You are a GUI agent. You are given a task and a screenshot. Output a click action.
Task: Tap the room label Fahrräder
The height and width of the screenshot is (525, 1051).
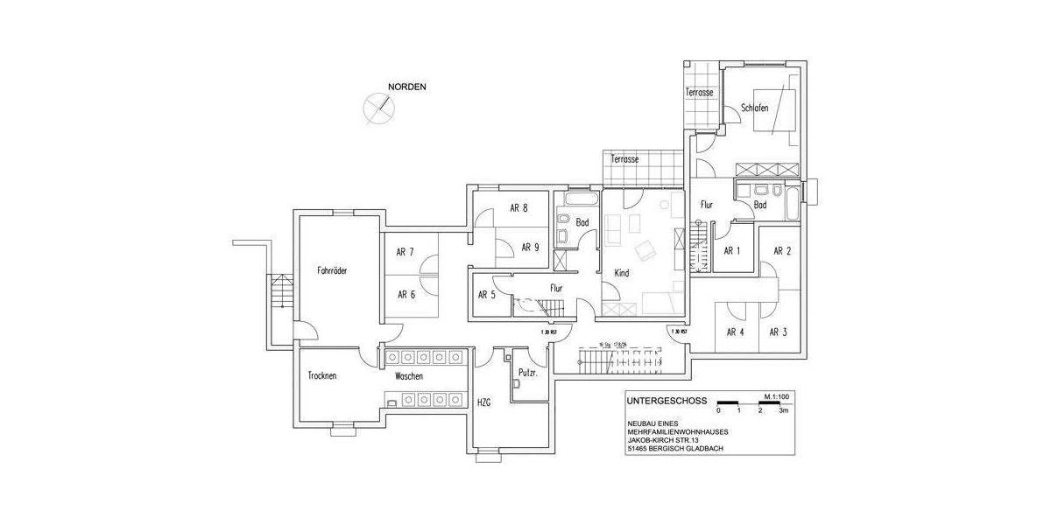333,271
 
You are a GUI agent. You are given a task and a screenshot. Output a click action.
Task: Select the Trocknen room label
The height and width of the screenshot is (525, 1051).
322,375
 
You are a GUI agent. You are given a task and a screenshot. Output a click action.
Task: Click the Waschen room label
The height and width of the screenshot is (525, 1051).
409,375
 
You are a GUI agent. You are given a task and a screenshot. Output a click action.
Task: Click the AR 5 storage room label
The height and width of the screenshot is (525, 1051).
487,294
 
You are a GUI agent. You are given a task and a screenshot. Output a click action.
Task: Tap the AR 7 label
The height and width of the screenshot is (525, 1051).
405,252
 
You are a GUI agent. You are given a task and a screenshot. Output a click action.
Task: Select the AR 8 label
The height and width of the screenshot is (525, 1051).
518,208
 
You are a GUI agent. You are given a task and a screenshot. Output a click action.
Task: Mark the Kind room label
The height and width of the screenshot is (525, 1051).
622,273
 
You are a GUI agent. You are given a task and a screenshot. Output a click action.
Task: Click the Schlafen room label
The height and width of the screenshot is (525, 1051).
754,108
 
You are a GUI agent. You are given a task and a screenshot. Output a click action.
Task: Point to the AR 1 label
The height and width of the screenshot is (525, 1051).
732,251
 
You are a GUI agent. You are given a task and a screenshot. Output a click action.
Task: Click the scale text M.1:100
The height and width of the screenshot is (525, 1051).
778,395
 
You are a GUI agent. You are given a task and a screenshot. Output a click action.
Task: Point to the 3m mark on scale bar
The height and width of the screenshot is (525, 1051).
785,410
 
